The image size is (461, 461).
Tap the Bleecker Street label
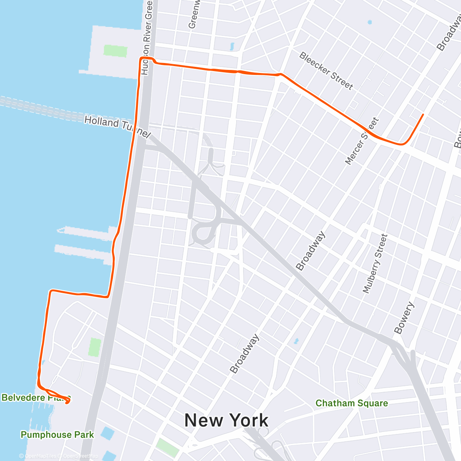[x=326, y=71]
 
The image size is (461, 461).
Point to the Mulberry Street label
[x=375, y=264]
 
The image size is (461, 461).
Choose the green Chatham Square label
[x=352, y=403]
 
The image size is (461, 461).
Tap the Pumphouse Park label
[x=57, y=434]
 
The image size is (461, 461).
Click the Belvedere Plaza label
[x=36, y=397]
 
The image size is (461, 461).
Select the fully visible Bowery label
[x=404, y=318]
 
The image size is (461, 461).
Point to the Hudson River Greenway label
[x=147, y=37]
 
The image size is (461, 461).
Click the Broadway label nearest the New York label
[x=244, y=354]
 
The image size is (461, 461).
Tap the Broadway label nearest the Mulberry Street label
[x=310, y=251]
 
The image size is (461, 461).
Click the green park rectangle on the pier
[x=115, y=51]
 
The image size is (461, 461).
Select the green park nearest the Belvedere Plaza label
[x=95, y=347]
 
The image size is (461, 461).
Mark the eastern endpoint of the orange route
[x=423, y=114]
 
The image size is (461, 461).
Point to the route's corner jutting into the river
[x=51, y=291]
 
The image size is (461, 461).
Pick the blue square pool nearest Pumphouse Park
[x=108, y=433]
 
